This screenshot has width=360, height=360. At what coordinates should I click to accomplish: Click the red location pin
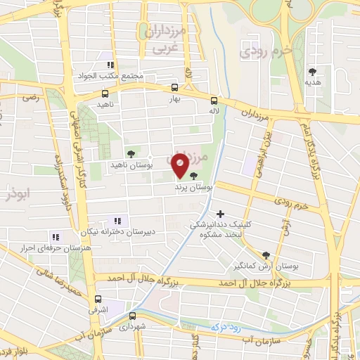[x=180, y=165]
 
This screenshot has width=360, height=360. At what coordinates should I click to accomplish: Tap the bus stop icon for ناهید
[x=105, y=93]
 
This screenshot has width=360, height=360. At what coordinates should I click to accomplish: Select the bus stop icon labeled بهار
[x=174, y=89]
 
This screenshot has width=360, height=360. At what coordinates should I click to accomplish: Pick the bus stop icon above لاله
[x=214, y=101]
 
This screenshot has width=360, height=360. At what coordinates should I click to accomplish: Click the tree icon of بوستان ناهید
[x=131, y=153]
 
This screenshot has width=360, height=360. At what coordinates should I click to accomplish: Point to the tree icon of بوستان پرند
[x=193, y=178]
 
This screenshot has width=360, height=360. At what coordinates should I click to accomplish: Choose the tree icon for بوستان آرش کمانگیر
[x=265, y=256]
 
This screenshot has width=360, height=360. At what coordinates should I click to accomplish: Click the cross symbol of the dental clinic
[x=220, y=214]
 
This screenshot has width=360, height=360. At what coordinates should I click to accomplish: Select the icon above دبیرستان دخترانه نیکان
[x=117, y=220]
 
